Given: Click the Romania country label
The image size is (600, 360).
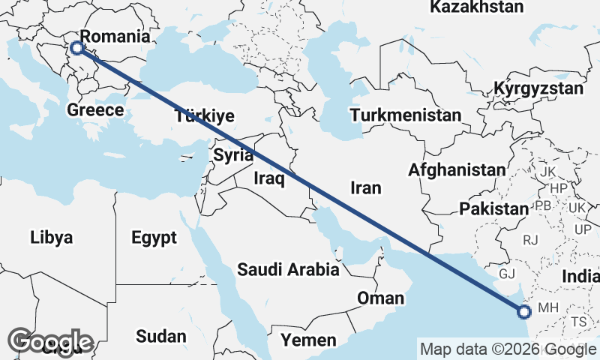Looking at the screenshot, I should click(115, 37).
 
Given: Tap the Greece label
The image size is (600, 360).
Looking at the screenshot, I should click(95, 110).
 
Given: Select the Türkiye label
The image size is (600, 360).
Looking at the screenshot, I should click(205, 115).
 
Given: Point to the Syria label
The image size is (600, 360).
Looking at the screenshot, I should click(229, 155).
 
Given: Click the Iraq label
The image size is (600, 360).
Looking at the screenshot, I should click(268, 178).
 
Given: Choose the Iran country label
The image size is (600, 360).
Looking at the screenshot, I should click(365, 187).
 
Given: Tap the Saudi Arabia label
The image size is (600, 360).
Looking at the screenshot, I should click(288, 268).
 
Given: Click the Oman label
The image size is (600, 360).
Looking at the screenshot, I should click(380, 298).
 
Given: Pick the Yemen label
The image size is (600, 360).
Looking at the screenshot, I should click(309, 340).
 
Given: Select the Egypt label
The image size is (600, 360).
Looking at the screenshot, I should click(154, 238).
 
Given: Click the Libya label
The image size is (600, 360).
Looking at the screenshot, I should click(52, 238).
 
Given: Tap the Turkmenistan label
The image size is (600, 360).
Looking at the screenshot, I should click(405, 115).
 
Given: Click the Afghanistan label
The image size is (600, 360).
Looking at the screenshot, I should click(457, 170).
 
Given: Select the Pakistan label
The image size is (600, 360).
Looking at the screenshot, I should click(494, 208).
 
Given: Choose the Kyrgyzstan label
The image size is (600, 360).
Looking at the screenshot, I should click(538, 88).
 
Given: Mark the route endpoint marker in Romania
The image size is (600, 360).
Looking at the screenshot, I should click(76, 49).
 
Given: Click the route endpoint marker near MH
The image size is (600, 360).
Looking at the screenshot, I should click(523, 311).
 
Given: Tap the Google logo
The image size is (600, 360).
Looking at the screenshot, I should click(50, 341).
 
